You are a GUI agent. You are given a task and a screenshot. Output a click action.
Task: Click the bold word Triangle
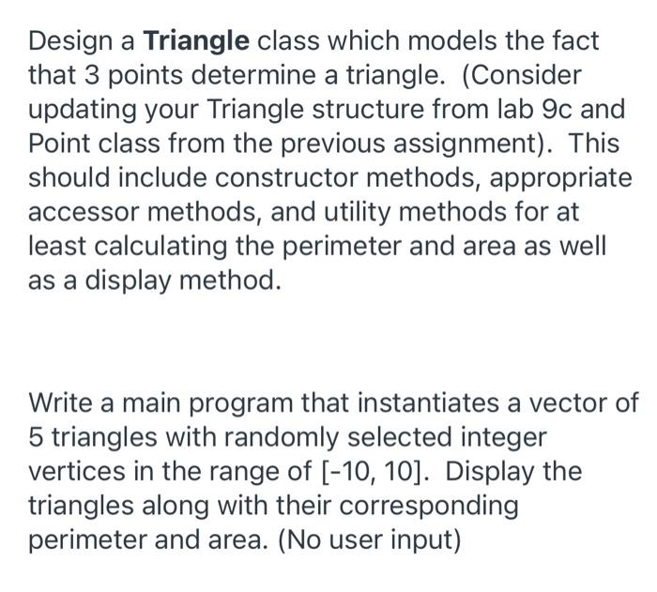pyautogui.click(x=196, y=41)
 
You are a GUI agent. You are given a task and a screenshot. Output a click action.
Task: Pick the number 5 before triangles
pyautogui.click(x=38, y=437)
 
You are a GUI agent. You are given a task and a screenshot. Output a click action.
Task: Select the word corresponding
pyautogui.click(x=420, y=505)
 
